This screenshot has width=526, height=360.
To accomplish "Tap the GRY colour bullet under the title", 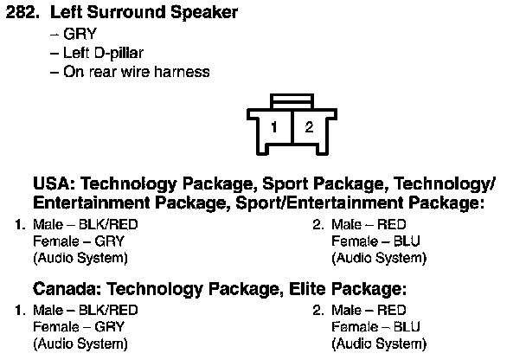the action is (79, 35).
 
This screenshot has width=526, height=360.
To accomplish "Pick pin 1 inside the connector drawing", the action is (273, 129).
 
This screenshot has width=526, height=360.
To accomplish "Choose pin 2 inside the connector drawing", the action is (308, 129).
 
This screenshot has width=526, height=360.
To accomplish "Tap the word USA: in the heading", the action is (55, 185).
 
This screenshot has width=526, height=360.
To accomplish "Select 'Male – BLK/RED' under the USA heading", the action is (85, 225).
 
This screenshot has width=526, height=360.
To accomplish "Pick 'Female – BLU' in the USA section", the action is (375, 241).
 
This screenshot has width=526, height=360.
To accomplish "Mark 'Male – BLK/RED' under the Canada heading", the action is (85, 310).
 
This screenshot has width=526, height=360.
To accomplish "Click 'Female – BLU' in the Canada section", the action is (375, 326).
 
